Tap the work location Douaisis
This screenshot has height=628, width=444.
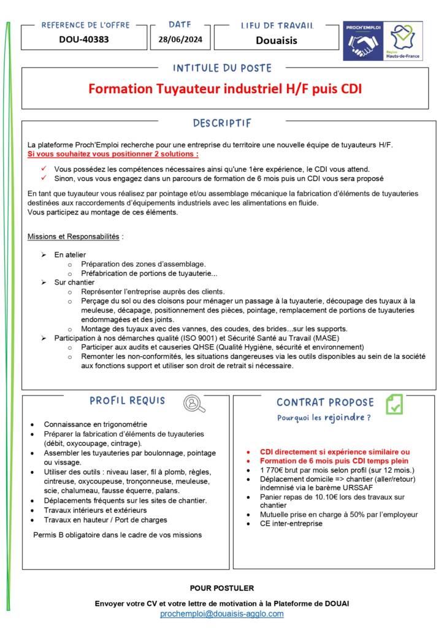click(276, 40)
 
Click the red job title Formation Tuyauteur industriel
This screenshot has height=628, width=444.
click(225, 89)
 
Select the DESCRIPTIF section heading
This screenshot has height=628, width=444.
click(222, 123)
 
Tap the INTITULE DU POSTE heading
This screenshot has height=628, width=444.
click(222, 68)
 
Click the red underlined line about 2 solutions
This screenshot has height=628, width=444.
click(113, 153)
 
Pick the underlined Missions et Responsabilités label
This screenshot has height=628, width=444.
click(74, 236)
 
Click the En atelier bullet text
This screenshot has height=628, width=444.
click(70, 255)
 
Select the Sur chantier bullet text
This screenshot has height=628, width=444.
click(74, 282)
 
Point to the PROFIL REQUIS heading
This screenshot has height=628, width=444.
click(128, 401)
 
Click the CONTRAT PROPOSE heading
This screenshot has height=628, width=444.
click(325, 403)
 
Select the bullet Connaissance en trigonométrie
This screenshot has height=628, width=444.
click(95, 424)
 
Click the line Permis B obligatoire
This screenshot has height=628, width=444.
click(117, 535)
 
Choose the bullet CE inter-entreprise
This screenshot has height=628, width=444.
click(291, 524)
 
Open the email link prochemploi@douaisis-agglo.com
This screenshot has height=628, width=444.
click(222, 614)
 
